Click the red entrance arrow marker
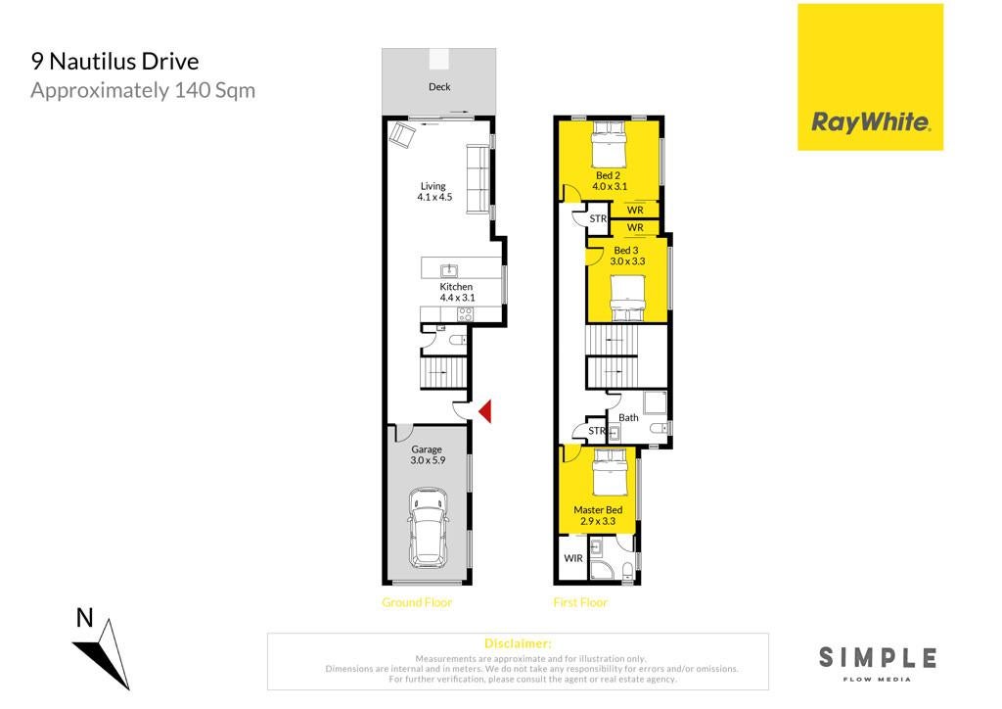pyautogui.click(x=485, y=410)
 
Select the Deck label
pyautogui.click(x=439, y=86)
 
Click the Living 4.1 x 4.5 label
pyautogui.click(x=434, y=191)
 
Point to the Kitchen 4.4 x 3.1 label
pyautogui.click(x=457, y=292)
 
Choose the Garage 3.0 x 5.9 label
pyautogui.click(x=427, y=454)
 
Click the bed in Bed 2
pyautogui.click(x=608, y=144)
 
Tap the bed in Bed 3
pyautogui.click(x=627, y=298)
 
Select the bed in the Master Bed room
pyautogui.click(x=609, y=472)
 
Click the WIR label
pyautogui.click(x=573, y=558)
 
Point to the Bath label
pyautogui.click(x=628, y=417)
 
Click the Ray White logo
pyautogui.click(x=870, y=77)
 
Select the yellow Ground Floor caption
pyautogui.click(x=417, y=602)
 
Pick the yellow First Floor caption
pyautogui.click(x=580, y=602)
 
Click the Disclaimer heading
pyautogui.click(x=518, y=643)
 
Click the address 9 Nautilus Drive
pyautogui.click(x=115, y=62)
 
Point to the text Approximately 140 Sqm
pyautogui.click(x=143, y=91)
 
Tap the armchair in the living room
pyautogui.click(x=402, y=135)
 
